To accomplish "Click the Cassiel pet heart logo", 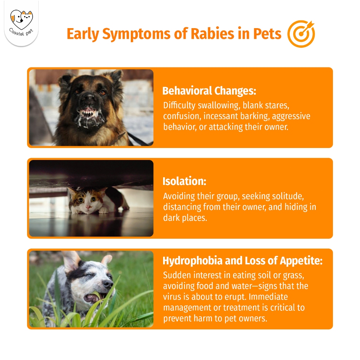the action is click(x=21, y=20).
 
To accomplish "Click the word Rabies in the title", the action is click(x=212, y=34).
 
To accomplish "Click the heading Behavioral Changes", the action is click(x=209, y=91).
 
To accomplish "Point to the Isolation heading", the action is click(x=184, y=181).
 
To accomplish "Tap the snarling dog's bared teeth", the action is click(x=90, y=114).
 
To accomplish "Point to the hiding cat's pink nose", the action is click(x=88, y=207).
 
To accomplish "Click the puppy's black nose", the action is click(x=108, y=284).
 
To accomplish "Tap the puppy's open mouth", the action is click(x=93, y=298).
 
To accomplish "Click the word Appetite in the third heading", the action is click(x=301, y=261).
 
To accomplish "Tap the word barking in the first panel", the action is click(x=254, y=116).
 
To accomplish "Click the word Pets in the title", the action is click(x=267, y=34).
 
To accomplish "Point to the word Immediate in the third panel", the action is click(x=268, y=297).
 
